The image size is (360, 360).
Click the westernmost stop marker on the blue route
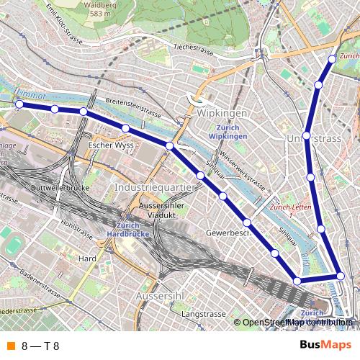coord(19,105)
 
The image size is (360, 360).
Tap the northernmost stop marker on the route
coord(332,59)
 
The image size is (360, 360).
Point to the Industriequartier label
coord(155,187)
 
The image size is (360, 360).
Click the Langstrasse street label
coord(200,315)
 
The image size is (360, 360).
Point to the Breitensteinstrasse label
coord(132,107)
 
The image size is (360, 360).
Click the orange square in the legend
coord(9,346)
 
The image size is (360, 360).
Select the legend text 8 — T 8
coord(40,346)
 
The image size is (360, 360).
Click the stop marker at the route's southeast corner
coord(341,276)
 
